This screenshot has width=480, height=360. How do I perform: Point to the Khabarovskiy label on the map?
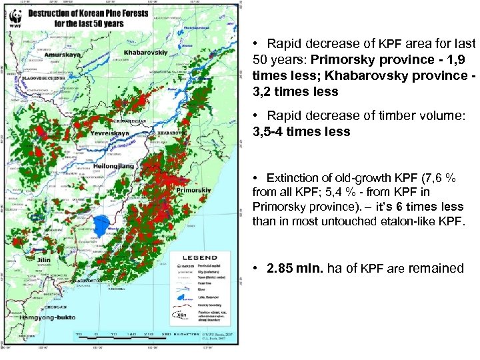click(x=147, y=49)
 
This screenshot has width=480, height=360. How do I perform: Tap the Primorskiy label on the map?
click(x=192, y=190)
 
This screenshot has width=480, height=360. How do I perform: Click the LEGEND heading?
click(x=201, y=257)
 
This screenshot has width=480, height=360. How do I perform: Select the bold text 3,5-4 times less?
click(x=301, y=131)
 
